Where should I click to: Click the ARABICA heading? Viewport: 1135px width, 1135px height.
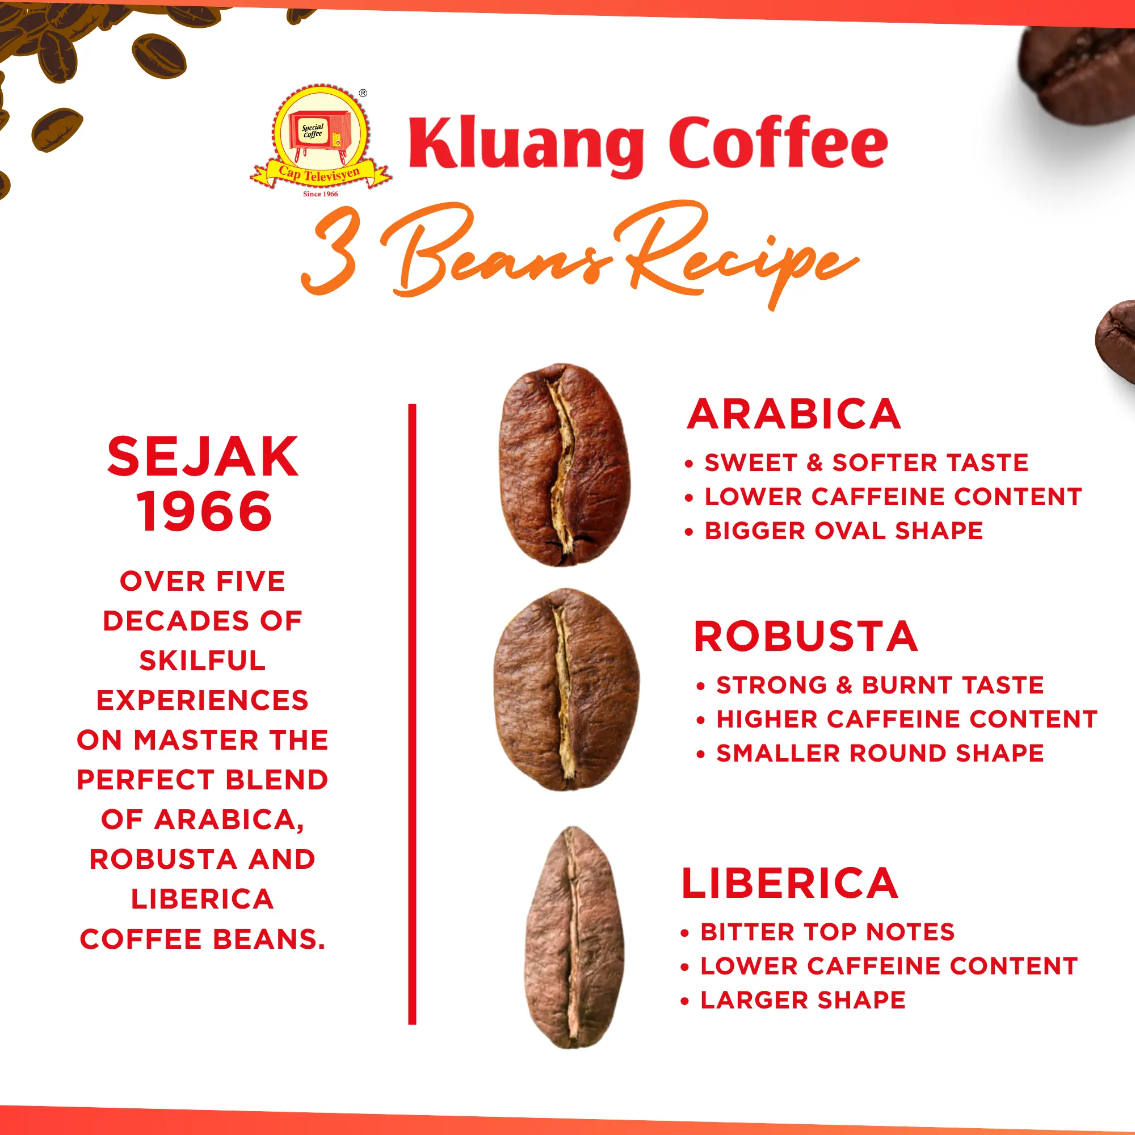794,414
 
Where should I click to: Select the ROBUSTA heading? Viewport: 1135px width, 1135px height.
806,636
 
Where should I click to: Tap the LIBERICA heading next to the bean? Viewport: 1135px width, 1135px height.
790,883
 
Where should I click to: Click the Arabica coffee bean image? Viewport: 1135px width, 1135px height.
565,465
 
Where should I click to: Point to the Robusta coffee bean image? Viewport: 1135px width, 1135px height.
566,690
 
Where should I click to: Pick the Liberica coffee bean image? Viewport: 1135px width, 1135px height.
574,938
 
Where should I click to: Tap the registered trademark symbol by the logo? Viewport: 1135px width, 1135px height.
363,93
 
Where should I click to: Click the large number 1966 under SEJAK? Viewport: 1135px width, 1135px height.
204,512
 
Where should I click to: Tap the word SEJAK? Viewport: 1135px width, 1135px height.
203,457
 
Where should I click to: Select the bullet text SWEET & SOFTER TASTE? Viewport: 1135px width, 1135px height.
867,463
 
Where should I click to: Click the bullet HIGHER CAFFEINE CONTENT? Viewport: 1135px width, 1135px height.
906,718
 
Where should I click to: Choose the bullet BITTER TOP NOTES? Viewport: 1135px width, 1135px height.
827,932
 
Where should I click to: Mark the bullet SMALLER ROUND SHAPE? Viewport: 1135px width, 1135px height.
880,753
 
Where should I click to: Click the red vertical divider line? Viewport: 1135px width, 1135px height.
412,714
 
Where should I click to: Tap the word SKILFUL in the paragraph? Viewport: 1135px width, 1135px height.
203,661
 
